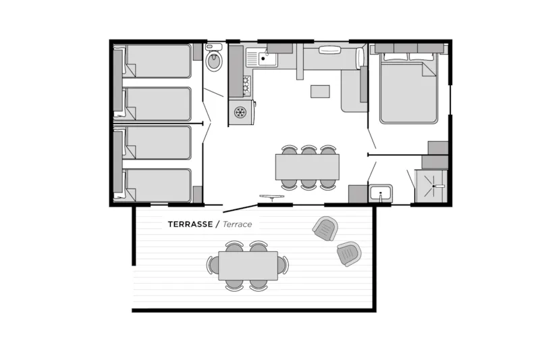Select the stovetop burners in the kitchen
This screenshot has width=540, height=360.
pyautogui.click(x=247, y=86)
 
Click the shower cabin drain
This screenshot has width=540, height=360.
pyautogui.click(x=433, y=186)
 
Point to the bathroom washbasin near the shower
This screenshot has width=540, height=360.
pyautogui.click(x=380, y=193)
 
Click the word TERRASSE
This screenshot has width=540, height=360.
pyautogui.click(x=190, y=224)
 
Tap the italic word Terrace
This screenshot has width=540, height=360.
pyautogui.click(x=238, y=224)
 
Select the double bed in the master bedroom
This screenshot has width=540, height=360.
pyautogui.click(x=408, y=88)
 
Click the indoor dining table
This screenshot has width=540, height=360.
pyautogui.click(x=307, y=167)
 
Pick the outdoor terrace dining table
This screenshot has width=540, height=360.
pyautogui.click(x=248, y=265)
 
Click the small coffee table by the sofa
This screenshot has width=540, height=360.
pyautogui.click(x=320, y=91)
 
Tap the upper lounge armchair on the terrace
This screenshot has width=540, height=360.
pyautogui.click(x=325, y=228)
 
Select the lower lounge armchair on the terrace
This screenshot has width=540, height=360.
pyautogui.click(x=349, y=253)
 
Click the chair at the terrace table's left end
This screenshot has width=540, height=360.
pyautogui.click(x=213, y=265)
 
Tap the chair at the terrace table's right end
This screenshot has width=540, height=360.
pyautogui.click(x=283, y=265)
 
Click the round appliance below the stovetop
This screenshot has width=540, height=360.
pyautogui.click(x=240, y=112)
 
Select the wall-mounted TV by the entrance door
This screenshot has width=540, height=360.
pyautogui.click(x=272, y=197)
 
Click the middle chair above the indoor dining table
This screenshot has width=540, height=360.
pyautogui.click(x=308, y=150)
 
